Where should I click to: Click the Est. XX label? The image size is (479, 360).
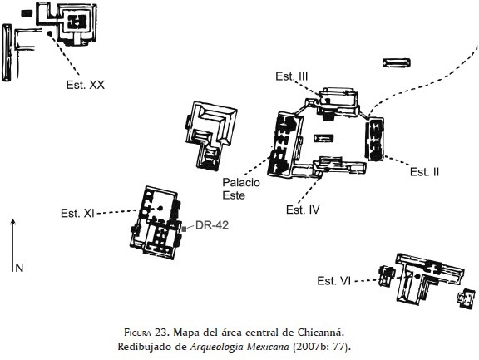85,85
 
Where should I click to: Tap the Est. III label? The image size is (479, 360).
291,76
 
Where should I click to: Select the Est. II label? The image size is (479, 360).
424,172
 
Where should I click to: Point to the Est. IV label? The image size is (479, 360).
303,210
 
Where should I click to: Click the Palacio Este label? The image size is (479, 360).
241,189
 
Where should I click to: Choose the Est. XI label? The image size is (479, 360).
77,213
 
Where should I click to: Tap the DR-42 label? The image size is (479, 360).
212,225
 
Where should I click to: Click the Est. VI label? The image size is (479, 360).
333,281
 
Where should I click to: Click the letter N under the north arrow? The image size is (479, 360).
19,268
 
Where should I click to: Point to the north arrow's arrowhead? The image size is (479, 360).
12,221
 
